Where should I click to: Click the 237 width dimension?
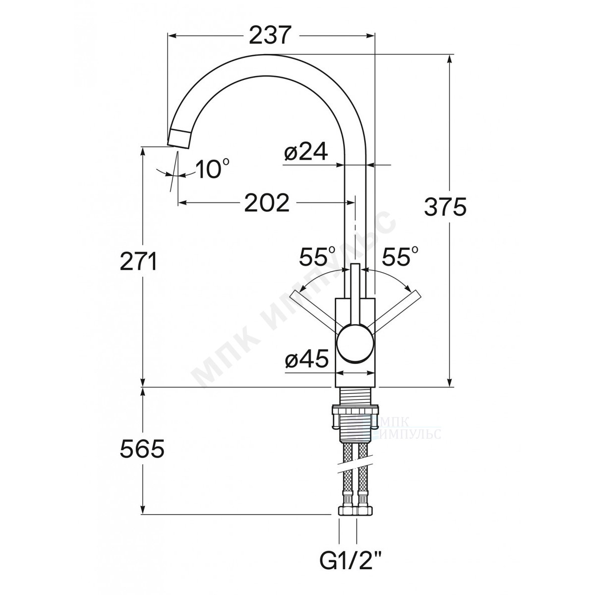point(270,36)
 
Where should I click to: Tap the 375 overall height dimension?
point(445,207)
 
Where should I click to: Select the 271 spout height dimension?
point(138,261)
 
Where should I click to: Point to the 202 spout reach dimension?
point(267,203)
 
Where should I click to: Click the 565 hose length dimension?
point(142,449)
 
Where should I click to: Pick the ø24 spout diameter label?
point(305,152)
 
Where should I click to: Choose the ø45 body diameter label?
point(306,359)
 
